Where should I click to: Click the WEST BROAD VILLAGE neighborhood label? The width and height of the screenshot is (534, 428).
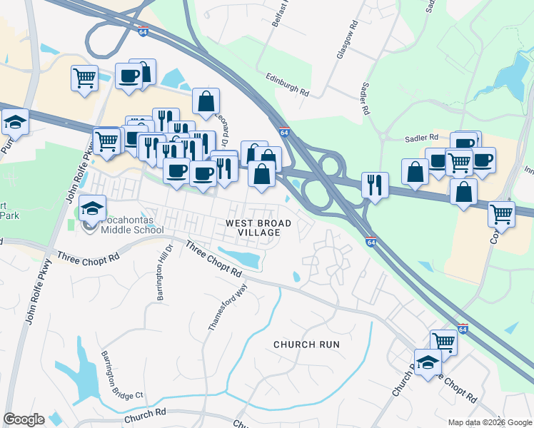(x=258, y=228)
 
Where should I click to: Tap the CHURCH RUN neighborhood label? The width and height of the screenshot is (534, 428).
(x=306, y=345)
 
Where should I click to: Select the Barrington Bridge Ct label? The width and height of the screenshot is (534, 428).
(x=122, y=375)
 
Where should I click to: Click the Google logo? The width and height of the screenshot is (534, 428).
(x=24, y=419)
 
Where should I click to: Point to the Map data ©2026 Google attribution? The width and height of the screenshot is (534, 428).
(x=488, y=422)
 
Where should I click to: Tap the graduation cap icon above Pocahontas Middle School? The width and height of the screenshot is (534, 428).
(x=92, y=208)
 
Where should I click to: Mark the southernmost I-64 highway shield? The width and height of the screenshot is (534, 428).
(x=463, y=329)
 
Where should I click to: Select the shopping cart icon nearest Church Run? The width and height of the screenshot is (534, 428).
(x=443, y=342)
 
